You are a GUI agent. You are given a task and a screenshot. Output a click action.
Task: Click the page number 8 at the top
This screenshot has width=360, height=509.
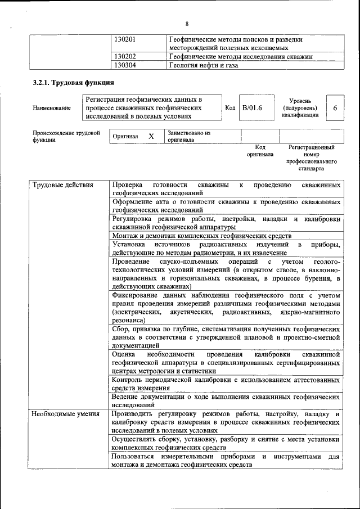(x=187, y=23)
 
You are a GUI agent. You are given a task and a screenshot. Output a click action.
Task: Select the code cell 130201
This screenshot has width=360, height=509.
(x=125, y=40)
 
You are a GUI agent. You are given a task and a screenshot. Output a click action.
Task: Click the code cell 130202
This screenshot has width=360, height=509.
(x=125, y=56)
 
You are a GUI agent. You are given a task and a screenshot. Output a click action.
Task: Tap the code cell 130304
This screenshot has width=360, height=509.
(x=125, y=65)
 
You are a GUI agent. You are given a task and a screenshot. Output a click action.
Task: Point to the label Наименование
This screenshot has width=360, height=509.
(x=51, y=107)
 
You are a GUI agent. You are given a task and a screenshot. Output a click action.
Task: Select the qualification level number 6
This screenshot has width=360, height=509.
(x=335, y=107)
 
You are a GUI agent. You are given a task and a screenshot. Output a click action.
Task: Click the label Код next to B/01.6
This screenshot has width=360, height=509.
(x=229, y=107)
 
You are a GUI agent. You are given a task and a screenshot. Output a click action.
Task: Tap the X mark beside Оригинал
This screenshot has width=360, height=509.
(x=151, y=136)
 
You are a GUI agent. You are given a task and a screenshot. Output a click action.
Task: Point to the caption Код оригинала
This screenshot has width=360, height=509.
(x=260, y=150)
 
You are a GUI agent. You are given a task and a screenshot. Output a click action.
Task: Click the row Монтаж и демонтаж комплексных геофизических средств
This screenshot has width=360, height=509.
(x=201, y=236)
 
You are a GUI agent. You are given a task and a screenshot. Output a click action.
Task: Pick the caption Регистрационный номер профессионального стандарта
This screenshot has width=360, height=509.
(x=311, y=157)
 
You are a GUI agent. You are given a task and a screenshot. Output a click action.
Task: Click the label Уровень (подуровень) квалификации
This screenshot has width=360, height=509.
(x=300, y=107)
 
